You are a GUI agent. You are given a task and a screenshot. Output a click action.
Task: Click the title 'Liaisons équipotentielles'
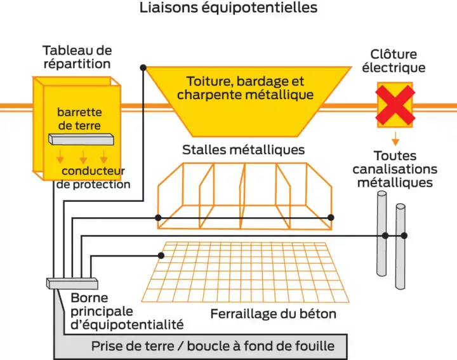tap(228, 8)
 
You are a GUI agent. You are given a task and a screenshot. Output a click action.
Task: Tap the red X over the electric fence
tap(395, 105)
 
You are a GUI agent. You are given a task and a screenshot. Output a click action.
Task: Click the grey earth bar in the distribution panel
tap(81, 139)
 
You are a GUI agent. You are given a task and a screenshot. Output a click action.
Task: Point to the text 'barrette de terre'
tap(79, 119)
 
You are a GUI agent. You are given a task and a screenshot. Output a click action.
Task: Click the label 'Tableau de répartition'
tap(77, 57)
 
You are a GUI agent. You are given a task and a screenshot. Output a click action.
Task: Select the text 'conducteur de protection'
tap(93, 178)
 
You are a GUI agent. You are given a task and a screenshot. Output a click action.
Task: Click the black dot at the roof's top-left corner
tap(144, 67)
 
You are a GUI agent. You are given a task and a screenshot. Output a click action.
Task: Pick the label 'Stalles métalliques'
tap(243, 150)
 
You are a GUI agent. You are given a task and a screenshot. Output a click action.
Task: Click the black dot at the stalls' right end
tap(331, 217)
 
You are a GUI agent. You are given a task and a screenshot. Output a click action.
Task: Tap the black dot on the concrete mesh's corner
tap(161, 255)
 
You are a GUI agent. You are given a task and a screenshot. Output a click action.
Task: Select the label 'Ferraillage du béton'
tap(273, 314)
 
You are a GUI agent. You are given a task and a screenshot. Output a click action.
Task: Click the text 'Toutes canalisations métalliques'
tap(395, 169)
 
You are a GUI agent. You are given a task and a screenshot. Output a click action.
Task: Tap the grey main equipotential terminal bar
tap(71, 282)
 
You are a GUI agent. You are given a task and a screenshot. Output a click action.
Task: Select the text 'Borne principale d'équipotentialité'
tap(127, 311)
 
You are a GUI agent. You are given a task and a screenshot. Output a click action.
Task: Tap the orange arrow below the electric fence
tap(395, 137)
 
